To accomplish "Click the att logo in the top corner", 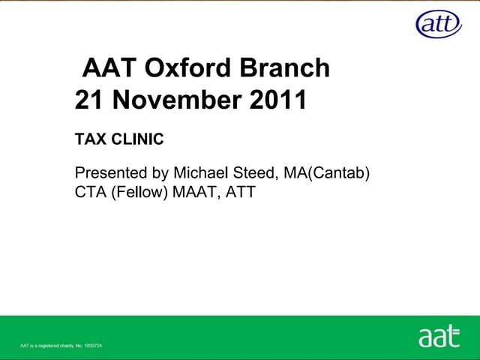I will point(439,24).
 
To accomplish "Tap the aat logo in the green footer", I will point(439,337).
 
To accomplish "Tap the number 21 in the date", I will point(88,100).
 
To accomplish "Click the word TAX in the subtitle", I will point(90,139).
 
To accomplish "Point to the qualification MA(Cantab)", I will point(327,174).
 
